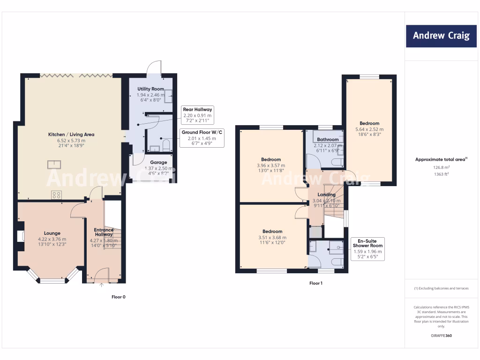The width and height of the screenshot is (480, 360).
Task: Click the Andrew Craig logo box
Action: [441, 36]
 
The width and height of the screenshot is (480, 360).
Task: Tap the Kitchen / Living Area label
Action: [71, 135]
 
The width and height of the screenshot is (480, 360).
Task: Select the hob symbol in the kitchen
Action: [57, 195]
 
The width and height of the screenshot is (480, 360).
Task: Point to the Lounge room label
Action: [52, 233]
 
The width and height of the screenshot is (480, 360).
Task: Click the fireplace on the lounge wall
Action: [21, 236]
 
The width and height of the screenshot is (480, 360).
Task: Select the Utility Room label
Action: [150, 89]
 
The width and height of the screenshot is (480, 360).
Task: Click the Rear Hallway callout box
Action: [197, 115]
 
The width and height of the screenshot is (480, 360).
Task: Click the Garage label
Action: [151, 162]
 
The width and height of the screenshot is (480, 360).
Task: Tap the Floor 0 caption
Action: [118, 297]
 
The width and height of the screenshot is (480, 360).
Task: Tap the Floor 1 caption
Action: [315, 283]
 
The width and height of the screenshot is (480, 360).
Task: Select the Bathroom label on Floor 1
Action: [328, 140]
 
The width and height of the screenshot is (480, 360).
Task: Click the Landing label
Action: [327, 195]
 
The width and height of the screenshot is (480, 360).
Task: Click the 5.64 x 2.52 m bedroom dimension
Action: [370, 129]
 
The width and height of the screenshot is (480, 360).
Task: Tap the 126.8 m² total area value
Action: [441, 166]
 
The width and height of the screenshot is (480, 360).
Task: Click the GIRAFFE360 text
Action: [441, 336]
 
